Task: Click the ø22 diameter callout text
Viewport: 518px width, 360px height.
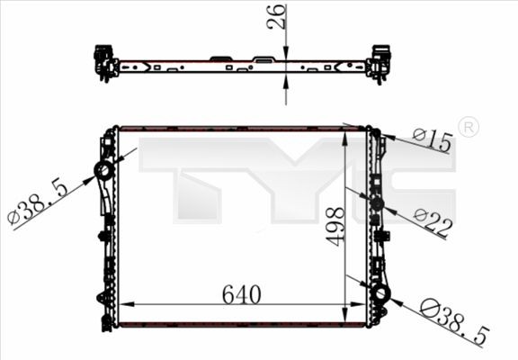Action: point(433,220)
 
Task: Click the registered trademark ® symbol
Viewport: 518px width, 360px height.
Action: point(468,128)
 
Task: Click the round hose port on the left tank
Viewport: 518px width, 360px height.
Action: point(104,171)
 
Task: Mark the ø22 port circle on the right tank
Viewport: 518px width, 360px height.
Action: point(377,203)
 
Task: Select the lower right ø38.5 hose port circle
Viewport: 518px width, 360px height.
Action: point(380,293)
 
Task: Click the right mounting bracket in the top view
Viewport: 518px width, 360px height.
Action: point(380,63)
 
